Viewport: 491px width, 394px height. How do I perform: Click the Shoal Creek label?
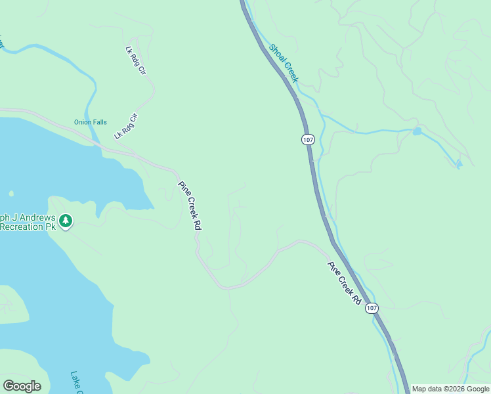(x=284, y=63)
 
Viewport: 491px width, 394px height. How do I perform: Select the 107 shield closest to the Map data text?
(x=372, y=308)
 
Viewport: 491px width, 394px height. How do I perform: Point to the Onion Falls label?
(x=90, y=122)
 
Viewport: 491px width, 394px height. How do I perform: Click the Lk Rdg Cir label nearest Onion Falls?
(x=127, y=127)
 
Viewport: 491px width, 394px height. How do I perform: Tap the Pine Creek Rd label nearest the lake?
(x=190, y=204)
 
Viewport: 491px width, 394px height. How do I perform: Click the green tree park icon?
(x=65, y=221)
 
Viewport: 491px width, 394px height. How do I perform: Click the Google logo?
(x=22, y=386)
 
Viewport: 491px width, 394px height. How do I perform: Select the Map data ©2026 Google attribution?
(x=450, y=389)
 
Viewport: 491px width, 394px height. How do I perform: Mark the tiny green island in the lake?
(x=11, y=193)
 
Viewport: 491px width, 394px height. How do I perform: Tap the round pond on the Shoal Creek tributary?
(x=417, y=131)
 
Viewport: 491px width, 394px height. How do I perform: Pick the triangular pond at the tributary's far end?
(x=459, y=163)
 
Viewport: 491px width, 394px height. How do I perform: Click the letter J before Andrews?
(x=14, y=217)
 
